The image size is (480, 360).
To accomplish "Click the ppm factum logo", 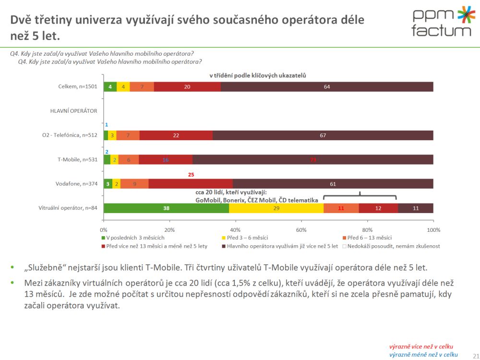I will click(442, 22).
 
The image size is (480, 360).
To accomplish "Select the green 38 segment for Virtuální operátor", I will click(166, 208).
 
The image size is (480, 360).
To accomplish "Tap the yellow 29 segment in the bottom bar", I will click(276, 208).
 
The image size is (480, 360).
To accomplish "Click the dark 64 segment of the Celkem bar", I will click(327, 86).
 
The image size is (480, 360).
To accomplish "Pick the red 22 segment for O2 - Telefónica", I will click(176, 135).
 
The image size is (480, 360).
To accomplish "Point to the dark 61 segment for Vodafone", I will click(333, 184).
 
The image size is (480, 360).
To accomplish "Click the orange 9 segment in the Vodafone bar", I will click(134, 184).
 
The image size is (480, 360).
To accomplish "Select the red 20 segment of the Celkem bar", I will click(187, 86).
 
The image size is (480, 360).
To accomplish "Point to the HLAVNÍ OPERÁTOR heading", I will click(73, 111).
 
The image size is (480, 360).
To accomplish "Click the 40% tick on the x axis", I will click(235, 229).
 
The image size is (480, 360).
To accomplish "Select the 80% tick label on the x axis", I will click(367, 229).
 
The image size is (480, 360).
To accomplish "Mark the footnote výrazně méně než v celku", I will click(423, 354).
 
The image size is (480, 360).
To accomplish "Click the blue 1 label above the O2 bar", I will click(106, 125).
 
